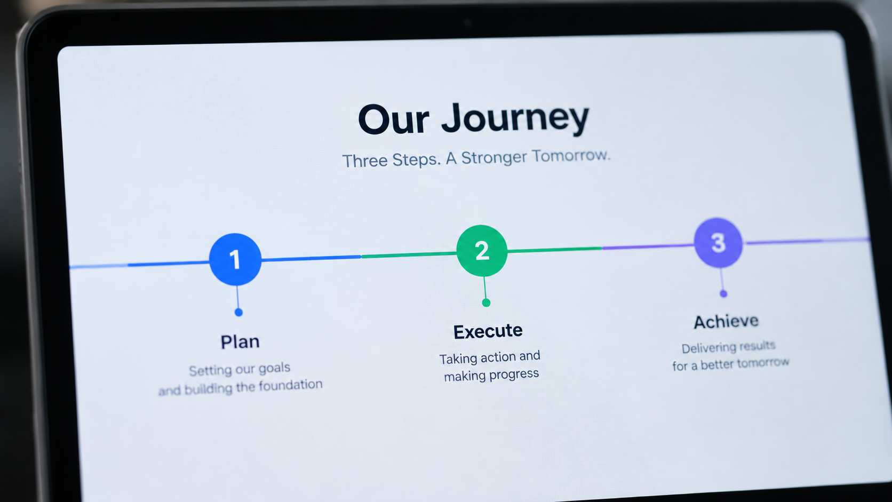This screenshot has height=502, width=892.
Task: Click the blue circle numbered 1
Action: [x=235, y=259]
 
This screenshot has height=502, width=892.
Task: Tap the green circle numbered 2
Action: [x=482, y=251]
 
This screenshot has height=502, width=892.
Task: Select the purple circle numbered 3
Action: [x=719, y=242]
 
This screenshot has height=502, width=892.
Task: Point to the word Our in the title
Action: [x=393, y=120]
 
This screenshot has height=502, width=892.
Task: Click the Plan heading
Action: [x=240, y=342]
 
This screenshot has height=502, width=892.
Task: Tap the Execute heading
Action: [x=488, y=331]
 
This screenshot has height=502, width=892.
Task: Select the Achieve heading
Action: [x=726, y=321]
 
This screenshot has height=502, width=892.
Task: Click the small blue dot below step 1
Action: [x=238, y=313]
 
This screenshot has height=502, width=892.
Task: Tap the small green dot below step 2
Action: [x=486, y=303]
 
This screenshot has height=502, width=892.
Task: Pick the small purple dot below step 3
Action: [x=723, y=294]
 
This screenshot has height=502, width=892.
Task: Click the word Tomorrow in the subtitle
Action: [x=571, y=156]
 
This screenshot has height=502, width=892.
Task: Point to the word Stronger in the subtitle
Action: [x=494, y=158]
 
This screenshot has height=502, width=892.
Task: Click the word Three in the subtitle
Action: [x=365, y=161]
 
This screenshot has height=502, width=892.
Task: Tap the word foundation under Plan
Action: [x=291, y=385]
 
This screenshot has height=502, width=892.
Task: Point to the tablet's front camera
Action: [x=467, y=22]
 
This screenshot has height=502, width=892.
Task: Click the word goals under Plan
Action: [x=274, y=369]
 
